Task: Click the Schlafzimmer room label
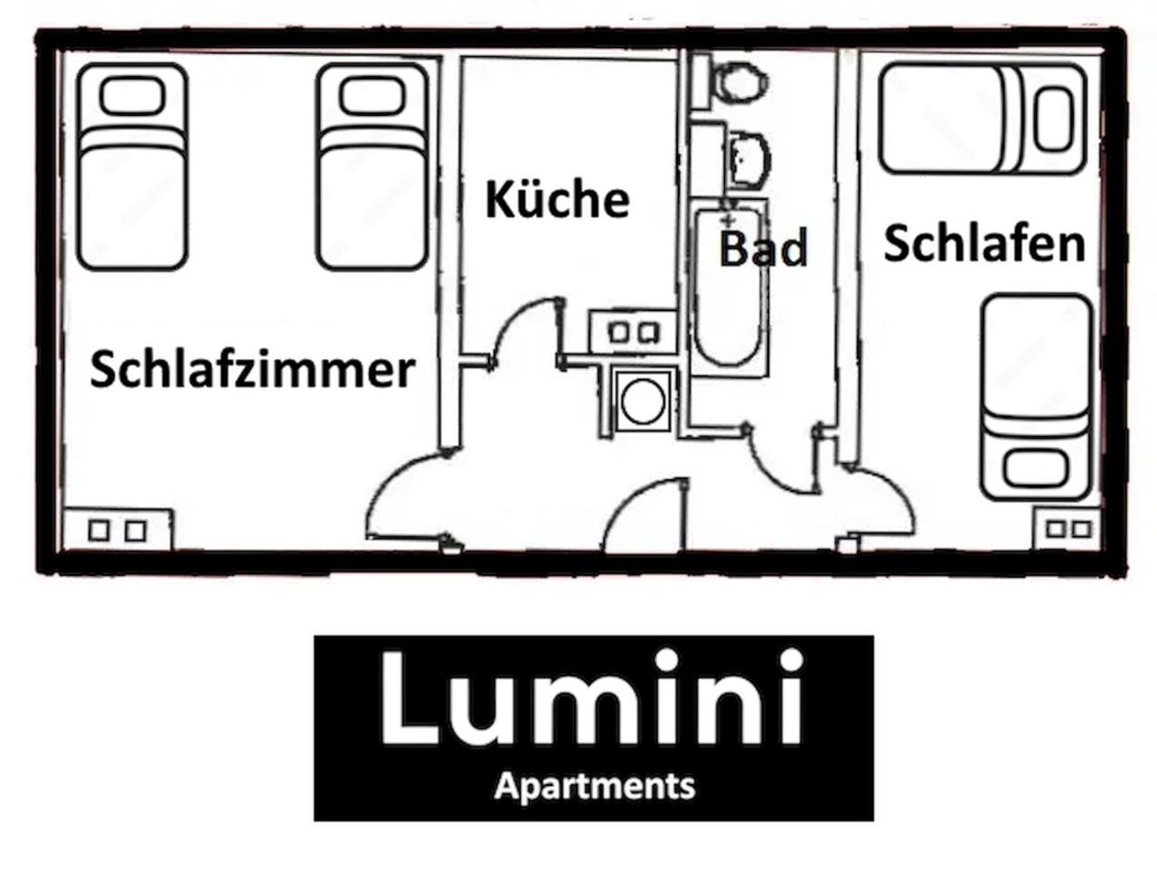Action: coord(253,370)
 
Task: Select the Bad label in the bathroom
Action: coord(763,248)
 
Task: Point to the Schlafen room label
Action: coord(984,243)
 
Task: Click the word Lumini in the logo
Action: coord(591,698)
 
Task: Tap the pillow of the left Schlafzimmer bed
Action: coord(132,96)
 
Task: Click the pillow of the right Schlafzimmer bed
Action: coord(372,96)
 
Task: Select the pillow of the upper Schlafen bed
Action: coord(1053,119)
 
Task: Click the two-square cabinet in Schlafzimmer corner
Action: coord(117,530)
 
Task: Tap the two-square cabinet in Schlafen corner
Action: coord(1068,529)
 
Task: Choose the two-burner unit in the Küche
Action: coord(633,332)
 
